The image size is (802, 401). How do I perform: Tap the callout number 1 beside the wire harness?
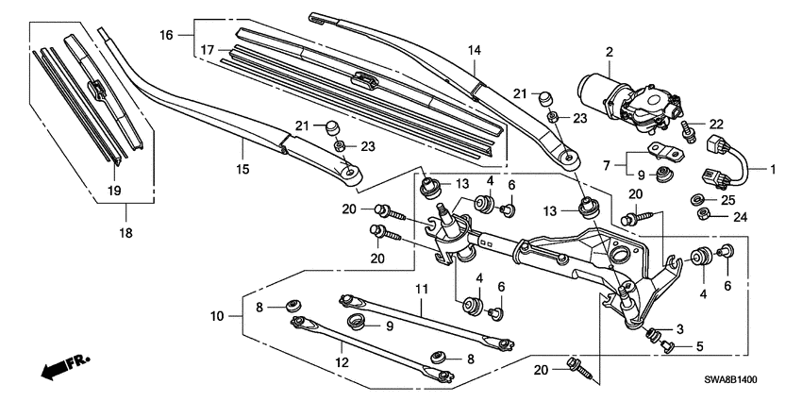tap(773, 171)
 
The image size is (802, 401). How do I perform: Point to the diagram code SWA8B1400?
tap(744, 378)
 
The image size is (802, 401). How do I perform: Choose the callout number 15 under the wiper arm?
tap(242, 169)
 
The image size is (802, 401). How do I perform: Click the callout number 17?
tap(208, 49)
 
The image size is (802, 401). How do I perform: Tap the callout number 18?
tap(422, 288)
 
